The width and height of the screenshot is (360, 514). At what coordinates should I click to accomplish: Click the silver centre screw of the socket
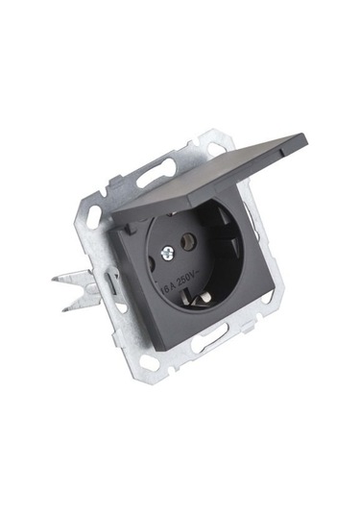click(167, 254)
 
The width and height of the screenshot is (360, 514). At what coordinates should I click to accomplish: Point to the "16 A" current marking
click(168, 288)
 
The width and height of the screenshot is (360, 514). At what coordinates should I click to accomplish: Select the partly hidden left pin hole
click(152, 262)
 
